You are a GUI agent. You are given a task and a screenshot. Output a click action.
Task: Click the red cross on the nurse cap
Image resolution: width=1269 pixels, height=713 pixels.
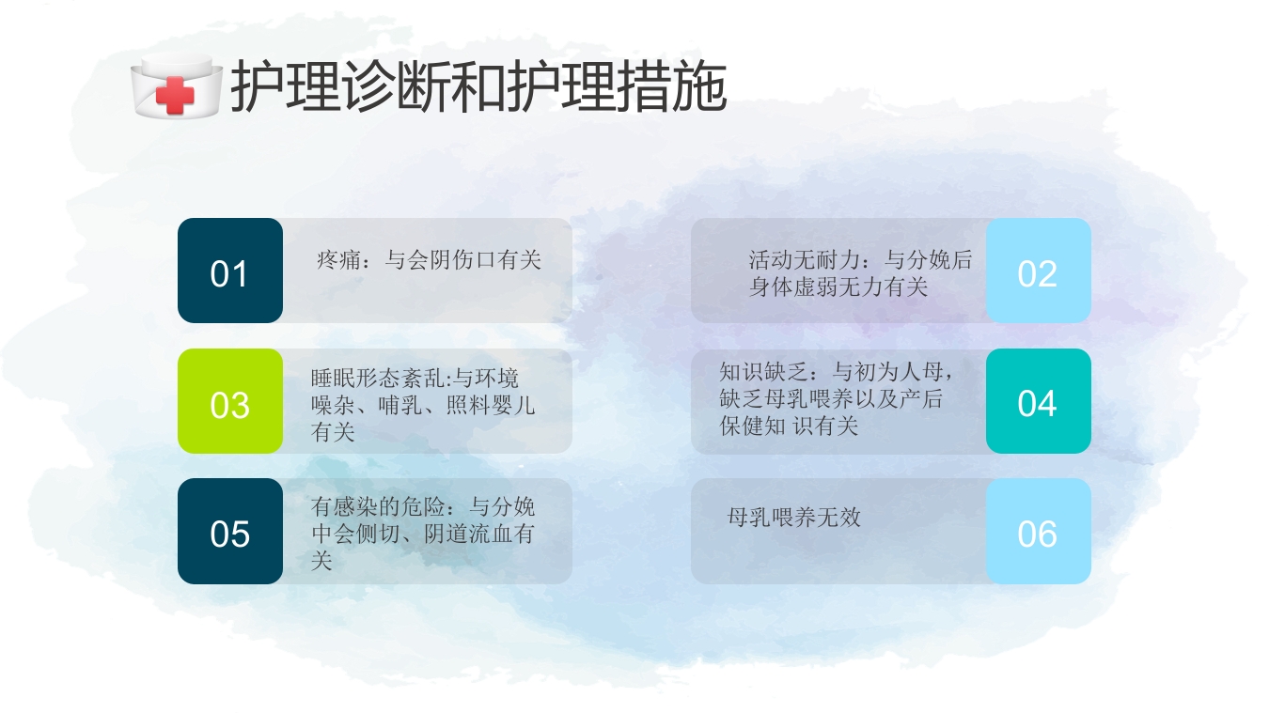click(x=174, y=95)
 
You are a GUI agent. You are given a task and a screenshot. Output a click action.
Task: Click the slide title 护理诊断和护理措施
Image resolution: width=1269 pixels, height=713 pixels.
click(x=478, y=88)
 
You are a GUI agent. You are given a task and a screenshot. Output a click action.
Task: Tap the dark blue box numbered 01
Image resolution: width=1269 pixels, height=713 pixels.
click(x=229, y=271)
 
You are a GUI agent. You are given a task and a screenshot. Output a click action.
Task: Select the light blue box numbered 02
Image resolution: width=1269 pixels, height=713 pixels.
click(x=1038, y=271)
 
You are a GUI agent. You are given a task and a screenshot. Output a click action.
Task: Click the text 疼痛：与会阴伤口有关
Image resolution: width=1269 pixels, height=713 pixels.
click(x=430, y=259)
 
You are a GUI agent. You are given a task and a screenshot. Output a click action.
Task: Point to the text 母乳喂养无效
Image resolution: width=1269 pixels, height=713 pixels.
click(x=794, y=517)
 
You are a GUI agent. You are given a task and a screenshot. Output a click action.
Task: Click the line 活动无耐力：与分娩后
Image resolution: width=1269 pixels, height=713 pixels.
click(x=860, y=260)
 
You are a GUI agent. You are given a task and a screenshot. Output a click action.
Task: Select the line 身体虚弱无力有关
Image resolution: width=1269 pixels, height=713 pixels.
click(x=838, y=287)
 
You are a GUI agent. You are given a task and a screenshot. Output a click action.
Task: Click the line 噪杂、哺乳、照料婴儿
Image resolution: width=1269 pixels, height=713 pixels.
click(x=423, y=406)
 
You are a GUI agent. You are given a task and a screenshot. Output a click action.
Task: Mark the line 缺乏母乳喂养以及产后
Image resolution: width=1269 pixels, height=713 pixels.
click(x=831, y=398)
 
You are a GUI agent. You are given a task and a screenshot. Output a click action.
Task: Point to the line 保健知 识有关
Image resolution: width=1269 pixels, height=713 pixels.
click(x=790, y=426)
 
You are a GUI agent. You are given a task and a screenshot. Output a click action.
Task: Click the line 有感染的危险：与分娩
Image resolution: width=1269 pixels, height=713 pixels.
click(x=423, y=507)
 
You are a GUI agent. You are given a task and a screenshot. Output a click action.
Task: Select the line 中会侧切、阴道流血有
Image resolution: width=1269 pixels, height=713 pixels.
click(x=423, y=535)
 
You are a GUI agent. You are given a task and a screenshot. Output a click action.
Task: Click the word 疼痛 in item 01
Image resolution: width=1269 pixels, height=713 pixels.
click(x=334, y=259)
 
